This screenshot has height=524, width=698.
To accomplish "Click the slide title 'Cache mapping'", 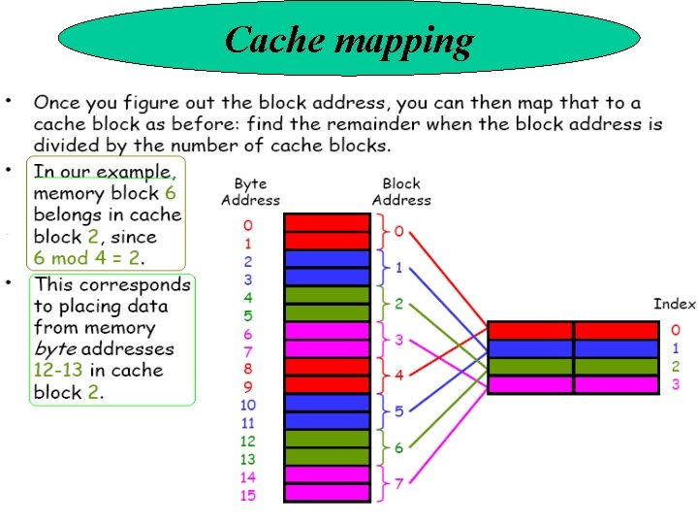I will [349, 41].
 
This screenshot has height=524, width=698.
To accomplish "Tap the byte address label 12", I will [248, 442].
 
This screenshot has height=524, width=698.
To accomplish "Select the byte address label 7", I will [248, 350].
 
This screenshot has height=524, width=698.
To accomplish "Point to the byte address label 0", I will [248, 225].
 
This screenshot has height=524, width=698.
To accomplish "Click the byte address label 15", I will [248, 496].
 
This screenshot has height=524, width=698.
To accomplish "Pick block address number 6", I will [398, 447].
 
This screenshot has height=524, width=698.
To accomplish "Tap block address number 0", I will [398, 233].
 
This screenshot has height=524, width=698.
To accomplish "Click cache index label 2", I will [676, 366].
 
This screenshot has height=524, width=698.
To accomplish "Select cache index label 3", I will [676, 384].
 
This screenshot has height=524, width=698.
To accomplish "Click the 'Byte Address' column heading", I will [249, 191].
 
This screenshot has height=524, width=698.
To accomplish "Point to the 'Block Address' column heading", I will [400, 191].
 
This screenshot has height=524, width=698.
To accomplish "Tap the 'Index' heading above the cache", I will [674, 304].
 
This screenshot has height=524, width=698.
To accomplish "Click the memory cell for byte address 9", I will [327, 385].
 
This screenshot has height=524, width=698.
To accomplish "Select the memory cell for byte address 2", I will [327, 259].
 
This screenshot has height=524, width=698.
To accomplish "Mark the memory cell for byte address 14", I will [327, 475].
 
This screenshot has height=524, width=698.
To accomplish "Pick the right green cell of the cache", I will [616, 366].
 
